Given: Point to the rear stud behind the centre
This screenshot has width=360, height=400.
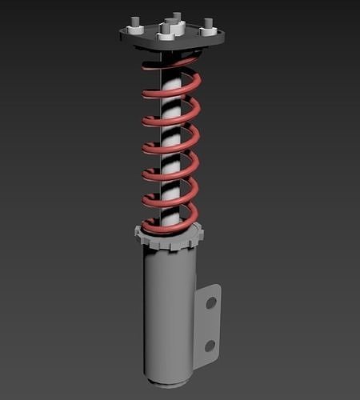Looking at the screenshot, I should (x=176, y=17).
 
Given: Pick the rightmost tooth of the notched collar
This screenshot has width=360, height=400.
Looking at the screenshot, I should (x=200, y=234).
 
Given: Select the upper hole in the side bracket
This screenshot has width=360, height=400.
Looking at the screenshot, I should (x=210, y=303).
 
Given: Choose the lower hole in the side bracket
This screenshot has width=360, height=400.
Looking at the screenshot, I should (x=209, y=346).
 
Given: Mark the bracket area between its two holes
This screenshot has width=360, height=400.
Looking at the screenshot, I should (x=209, y=324).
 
